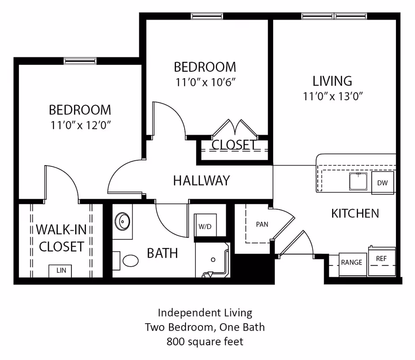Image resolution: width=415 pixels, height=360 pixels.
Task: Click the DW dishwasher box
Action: [x=382, y=182]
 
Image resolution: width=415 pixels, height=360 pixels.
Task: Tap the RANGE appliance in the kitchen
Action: [x=351, y=263]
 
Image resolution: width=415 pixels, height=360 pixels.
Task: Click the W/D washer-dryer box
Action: [x=205, y=226]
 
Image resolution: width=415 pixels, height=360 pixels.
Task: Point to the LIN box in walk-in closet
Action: [x=61, y=271]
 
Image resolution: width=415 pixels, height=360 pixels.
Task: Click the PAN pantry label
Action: [x=262, y=224]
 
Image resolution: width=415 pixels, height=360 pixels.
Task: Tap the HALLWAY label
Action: [x=201, y=180]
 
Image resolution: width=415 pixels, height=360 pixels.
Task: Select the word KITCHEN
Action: [x=355, y=213]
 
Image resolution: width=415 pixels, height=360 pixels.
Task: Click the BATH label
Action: [x=162, y=253]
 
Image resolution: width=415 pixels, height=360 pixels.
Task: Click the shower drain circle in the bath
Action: [x=213, y=260]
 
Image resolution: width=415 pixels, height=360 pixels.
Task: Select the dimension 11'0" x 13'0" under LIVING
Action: [x=332, y=96]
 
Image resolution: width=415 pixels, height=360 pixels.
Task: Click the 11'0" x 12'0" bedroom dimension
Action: [x=81, y=125]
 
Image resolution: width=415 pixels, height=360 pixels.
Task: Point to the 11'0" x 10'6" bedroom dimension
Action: [x=205, y=82]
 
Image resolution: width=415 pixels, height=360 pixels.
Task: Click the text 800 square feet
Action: [x=205, y=341]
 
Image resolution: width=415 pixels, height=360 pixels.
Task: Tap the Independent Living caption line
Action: [x=205, y=312]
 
